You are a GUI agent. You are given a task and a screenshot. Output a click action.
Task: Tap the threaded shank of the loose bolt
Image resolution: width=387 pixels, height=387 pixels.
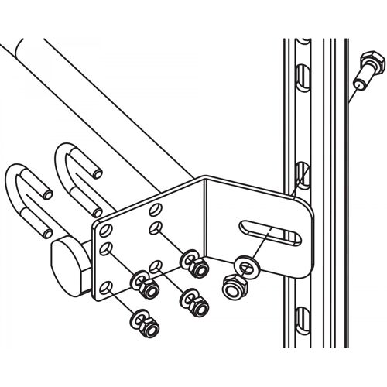tap(357, 80)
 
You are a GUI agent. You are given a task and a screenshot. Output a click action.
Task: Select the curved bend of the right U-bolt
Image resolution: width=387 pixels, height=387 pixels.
tap(65, 155)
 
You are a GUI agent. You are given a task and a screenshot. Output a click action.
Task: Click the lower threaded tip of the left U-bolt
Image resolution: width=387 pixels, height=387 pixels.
tap(49, 231)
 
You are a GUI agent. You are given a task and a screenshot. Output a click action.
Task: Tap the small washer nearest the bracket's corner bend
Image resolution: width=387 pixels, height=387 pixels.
tap(187, 258)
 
